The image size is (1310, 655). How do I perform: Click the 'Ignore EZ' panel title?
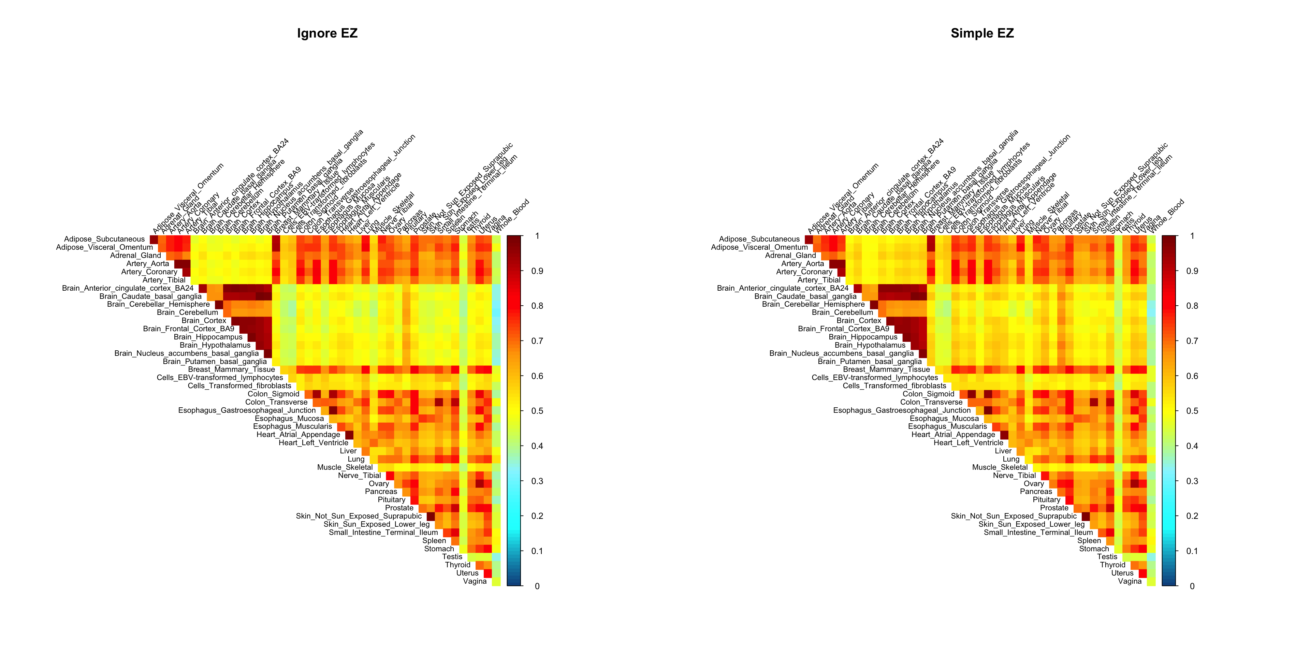pos(327,33)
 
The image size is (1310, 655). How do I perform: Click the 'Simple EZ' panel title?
pos(982,33)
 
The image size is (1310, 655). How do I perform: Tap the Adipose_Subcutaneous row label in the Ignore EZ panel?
pos(104,239)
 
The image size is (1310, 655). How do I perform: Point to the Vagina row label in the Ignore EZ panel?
pos(475,581)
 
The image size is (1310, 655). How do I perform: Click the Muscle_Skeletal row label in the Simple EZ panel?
pos(1000,467)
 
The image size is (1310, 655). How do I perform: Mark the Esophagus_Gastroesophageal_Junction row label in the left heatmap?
pos(247,410)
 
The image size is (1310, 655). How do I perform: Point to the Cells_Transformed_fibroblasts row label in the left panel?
pos(239,386)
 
